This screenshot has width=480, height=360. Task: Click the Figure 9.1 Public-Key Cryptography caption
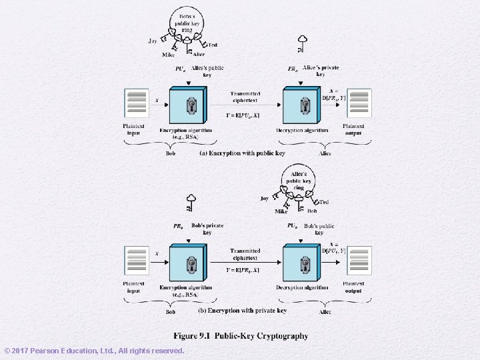pos(241,336)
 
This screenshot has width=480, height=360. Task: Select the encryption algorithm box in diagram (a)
pos(189,105)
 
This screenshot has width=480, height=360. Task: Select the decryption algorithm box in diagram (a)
pos(304,105)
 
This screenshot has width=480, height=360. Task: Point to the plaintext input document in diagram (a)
pos(136,103)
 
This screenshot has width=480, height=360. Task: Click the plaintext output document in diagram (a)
pos(359,103)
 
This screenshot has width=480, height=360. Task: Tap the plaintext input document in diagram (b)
pos(136,261)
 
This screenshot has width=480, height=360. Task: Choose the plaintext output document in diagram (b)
pos(359,261)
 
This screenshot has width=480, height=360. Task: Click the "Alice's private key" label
pos(321,71)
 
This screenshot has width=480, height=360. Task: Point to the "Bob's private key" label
pos(207,229)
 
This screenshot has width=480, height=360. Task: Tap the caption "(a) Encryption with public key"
pos(243,153)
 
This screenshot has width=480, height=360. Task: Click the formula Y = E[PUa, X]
pos(243,117)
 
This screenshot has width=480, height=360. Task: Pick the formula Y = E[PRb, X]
pos(243,270)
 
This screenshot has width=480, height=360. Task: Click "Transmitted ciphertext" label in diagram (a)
pos(245,97)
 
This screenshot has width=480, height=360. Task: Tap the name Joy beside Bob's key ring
pos(153,41)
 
